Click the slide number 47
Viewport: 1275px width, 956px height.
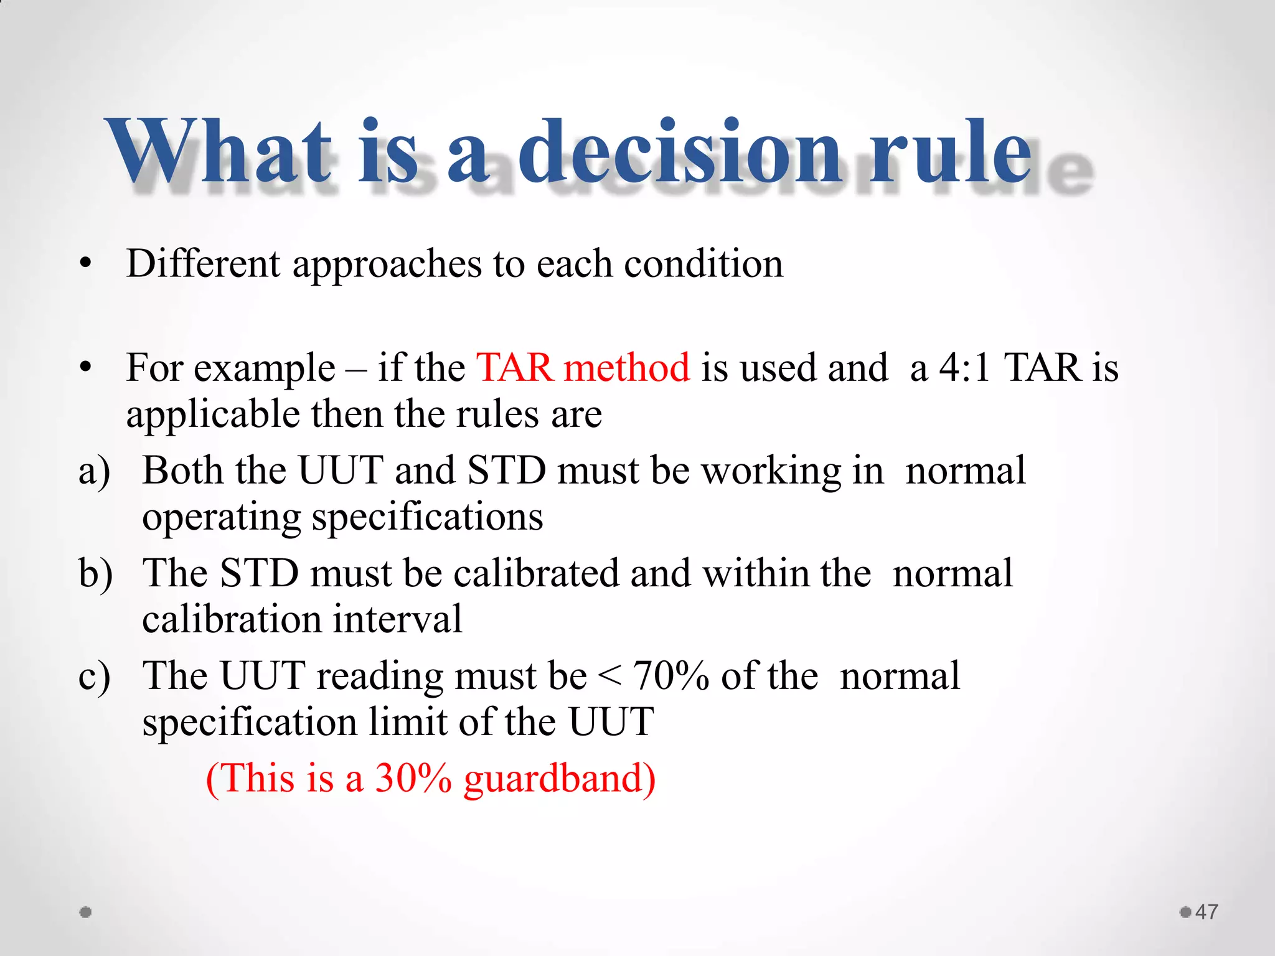point(1207,912)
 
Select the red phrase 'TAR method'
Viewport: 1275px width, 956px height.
point(583,367)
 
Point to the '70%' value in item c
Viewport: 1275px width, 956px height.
point(671,676)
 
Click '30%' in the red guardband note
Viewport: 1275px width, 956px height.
point(413,778)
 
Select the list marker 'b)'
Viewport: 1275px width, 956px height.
point(95,573)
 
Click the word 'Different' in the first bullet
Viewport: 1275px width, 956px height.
point(203,263)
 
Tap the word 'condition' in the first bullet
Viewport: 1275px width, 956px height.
point(703,263)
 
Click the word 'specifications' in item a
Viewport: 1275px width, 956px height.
point(427,518)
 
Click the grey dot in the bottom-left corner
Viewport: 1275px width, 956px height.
point(86,912)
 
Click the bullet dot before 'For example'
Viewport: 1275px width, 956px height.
point(86,368)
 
